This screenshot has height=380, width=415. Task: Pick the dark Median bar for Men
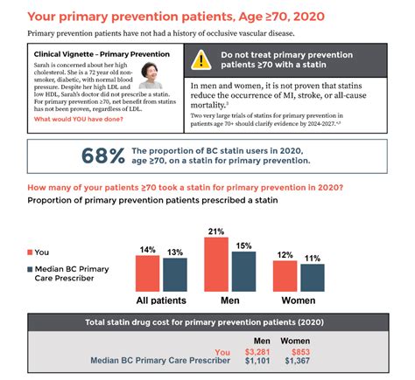point(243,272)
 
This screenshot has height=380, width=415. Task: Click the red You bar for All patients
point(148,273)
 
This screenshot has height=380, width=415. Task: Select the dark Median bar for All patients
point(174,275)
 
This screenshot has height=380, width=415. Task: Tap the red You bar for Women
point(286,276)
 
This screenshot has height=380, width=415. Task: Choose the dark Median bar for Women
point(313,278)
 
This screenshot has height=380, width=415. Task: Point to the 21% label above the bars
point(216,231)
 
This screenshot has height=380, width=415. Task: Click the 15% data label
point(243,246)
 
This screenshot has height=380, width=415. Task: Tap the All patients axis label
point(160,300)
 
